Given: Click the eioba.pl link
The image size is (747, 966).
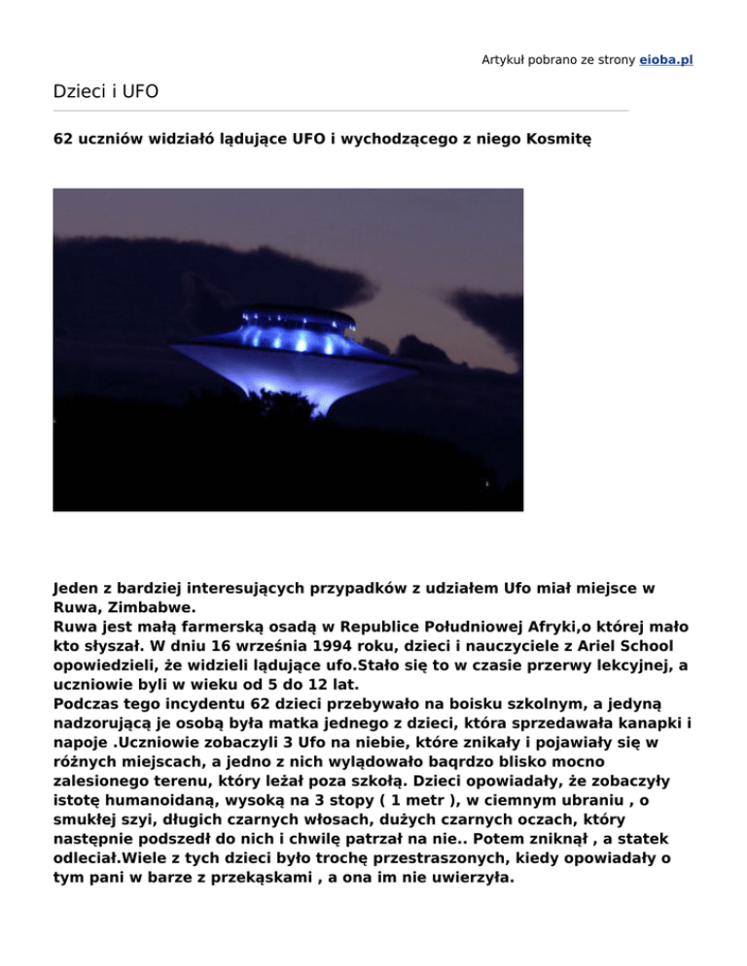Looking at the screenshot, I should point(665,59).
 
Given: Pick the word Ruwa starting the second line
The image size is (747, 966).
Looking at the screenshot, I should point(76,628).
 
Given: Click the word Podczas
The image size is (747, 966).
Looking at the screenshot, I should point(89,686).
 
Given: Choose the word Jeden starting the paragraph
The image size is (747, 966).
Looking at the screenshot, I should point(77,589).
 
